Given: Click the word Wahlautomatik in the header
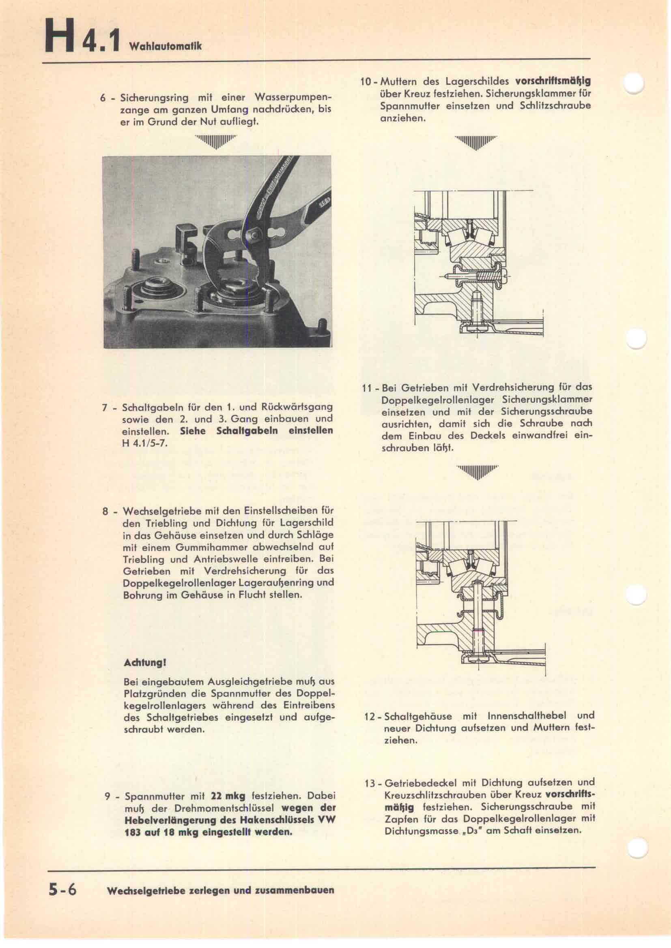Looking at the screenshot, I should coord(165,46).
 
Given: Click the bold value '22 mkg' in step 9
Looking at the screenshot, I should coord(228,796).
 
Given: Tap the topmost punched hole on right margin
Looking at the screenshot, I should coord(634,83).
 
